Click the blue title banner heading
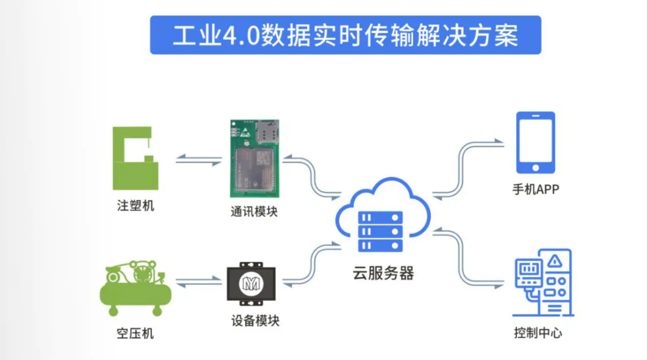[x=345, y=35]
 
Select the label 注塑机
[x=135, y=206]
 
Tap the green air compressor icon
[x=136, y=287]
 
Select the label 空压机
[x=135, y=334]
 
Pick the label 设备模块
[x=255, y=321]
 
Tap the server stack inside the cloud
[x=381, y=232]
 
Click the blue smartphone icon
[x=536, y=143]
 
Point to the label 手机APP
[x=536, y=190]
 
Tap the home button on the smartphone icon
[x=536, y=167]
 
